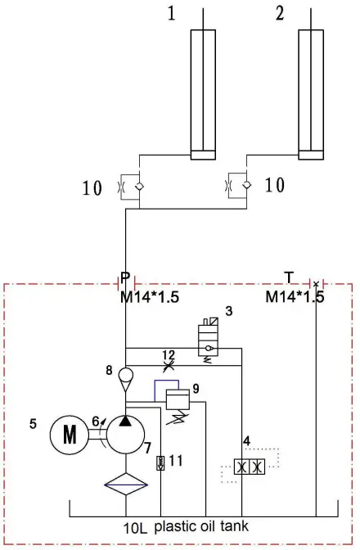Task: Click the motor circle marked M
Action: pos(70,435)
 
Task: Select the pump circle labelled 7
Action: pos(125,435)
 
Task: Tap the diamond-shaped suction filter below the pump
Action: pos(126,484)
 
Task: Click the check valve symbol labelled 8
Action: pos(125,379)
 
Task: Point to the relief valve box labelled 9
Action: pos(178,399)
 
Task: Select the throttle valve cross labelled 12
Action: pos(169,366)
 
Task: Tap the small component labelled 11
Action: pos(160,462)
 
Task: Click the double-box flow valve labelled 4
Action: pos(250,467)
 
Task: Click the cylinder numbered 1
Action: pos(203,95)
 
